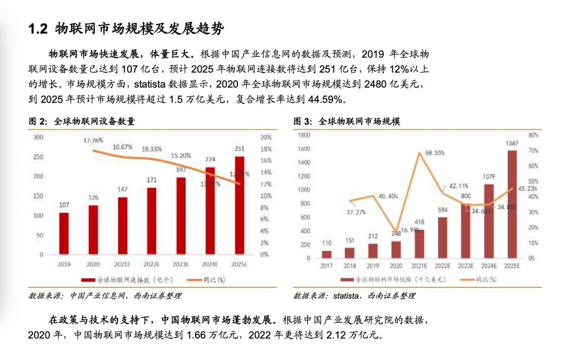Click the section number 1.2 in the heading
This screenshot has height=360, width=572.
point(38,29)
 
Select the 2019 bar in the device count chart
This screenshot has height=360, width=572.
point(64,233)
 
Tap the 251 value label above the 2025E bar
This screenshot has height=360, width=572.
point(240,148)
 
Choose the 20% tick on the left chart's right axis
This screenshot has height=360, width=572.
point(266,137)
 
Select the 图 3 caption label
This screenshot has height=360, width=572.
point(302,121)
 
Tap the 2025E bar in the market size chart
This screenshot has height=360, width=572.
point(512,204)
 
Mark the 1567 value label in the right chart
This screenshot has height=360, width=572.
point(512,143)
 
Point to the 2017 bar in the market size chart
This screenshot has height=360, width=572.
point(327,255)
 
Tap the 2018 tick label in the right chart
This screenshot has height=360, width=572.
point(350,266)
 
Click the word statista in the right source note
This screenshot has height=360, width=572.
point(340,295)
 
